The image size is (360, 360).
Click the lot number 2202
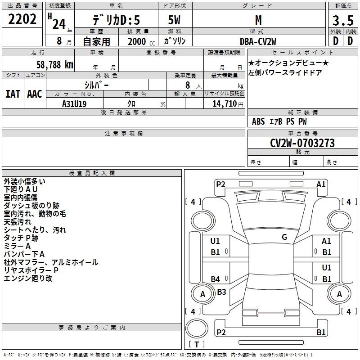[x=22, y=19]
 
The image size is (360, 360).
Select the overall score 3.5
[x=343, y=20]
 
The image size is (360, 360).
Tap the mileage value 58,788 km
[x=55, y=65]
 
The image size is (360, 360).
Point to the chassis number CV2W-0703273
[x=302, y=143]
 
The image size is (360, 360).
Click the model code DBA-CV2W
[x=258, y=41]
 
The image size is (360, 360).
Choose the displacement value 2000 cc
[x=141, y=41]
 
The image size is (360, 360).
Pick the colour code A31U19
[x=74, y=104]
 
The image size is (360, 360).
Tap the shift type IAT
[x=13, y=94]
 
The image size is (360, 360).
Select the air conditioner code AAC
[x=35, y=94]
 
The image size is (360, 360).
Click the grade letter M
[x=258, y=20]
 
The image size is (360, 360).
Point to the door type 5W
[x=174, y=20]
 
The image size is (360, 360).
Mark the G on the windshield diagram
[x=284, y=237]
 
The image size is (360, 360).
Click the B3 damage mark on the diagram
[x=221, y=292]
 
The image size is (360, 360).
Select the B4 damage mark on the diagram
[x=216, y=279]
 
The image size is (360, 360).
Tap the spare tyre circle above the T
[x=197, y=328]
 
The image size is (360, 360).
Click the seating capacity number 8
[x=188, y=85]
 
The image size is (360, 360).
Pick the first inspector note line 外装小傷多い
[x=25, y=181]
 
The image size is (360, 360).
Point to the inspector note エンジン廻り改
[x=28, y=278]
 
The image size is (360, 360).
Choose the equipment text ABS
[x=258, y=121]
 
